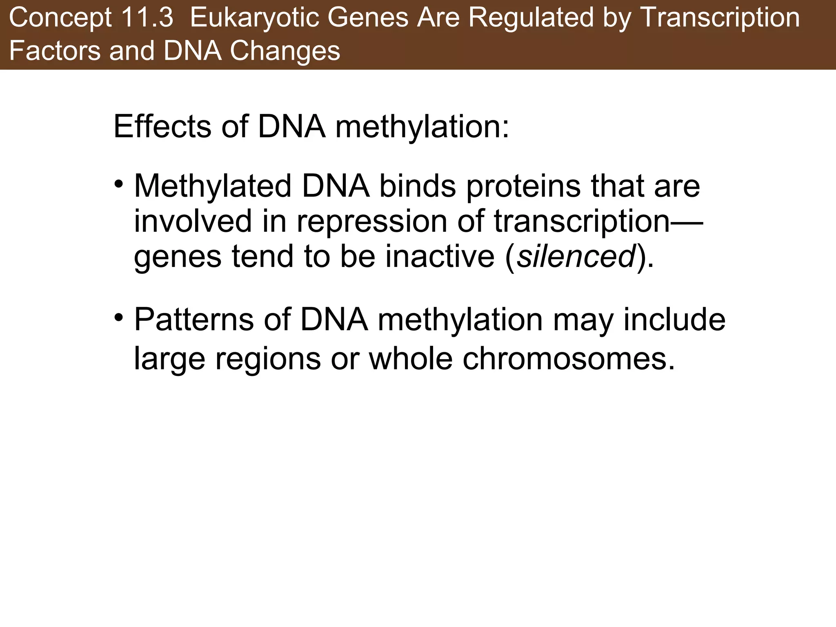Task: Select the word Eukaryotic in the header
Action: [258, 18]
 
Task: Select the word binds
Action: [417, 186]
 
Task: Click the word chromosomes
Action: [569, 359]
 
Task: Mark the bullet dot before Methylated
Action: [119, 184]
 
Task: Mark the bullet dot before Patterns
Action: [119, 317]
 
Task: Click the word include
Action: [674, 320]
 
